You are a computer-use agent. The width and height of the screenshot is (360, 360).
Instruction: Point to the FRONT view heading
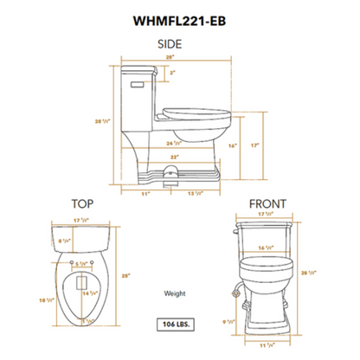pyautogui.click(x=267, y=204)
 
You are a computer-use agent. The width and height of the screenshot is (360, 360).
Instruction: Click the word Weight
pyautogui.click(x=175, y=294)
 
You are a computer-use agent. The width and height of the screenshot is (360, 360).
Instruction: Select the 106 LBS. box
pyautogui.click(x=176, y=325)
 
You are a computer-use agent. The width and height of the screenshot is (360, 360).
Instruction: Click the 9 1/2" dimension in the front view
pyautogui.click(x=228, y=322)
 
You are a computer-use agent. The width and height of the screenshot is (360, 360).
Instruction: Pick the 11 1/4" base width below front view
pyautogui.click(x=268, y=344)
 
